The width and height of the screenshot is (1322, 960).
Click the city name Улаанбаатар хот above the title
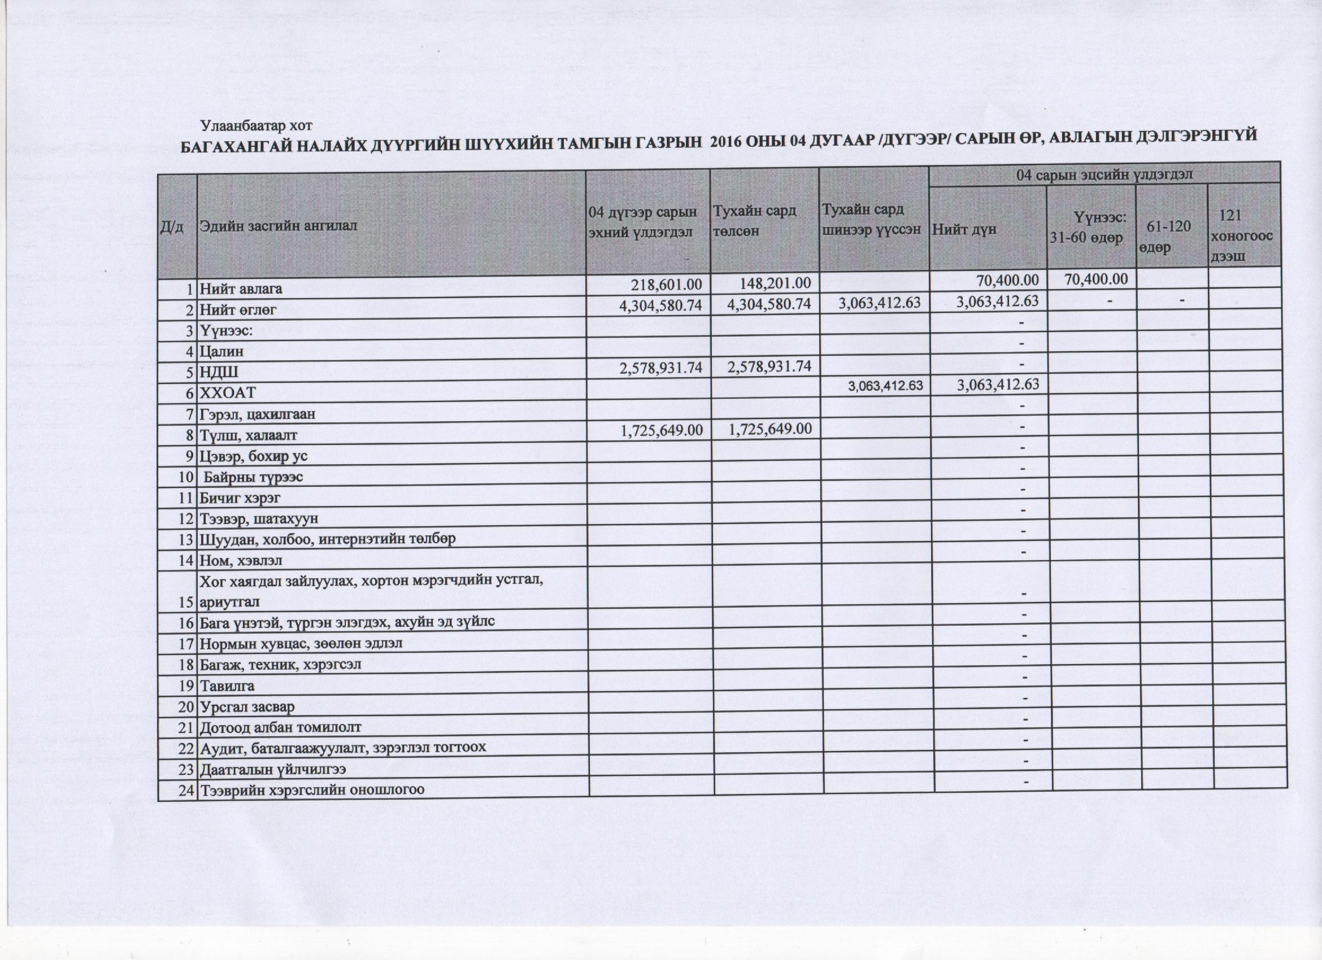pos(256,125)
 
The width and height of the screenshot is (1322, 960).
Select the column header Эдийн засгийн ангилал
pos(278,226)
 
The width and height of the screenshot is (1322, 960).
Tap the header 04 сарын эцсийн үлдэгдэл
pos(1104,174)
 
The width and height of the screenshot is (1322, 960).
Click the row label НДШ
pos(219,372)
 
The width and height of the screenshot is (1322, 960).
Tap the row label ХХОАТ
pos(228,393)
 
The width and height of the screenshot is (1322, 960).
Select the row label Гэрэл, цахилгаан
pos(258,414)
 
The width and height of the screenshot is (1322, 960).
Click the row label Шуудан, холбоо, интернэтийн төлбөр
pos(328,539)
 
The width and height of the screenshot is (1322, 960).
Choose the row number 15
pos(185,601)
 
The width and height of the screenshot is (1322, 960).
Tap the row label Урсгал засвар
pos(247,707)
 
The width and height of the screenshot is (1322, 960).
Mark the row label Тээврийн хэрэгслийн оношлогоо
pos(312,791)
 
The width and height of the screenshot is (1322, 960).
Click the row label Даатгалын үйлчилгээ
pos(273,770)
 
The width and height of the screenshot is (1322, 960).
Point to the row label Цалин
pos(221,351)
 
